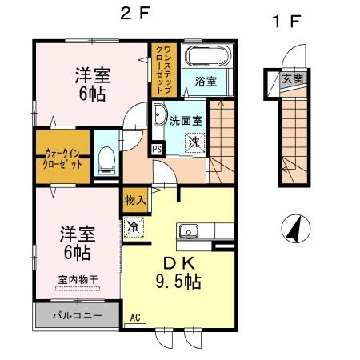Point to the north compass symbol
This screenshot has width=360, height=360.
296,230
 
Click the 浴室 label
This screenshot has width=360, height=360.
207,80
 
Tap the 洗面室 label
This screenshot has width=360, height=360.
186,121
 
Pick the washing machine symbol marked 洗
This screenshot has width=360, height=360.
194,142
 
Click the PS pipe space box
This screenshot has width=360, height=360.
158,148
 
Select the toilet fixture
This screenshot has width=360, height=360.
105,162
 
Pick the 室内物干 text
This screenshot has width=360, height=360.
77,280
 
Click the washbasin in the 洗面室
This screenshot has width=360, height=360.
158,114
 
